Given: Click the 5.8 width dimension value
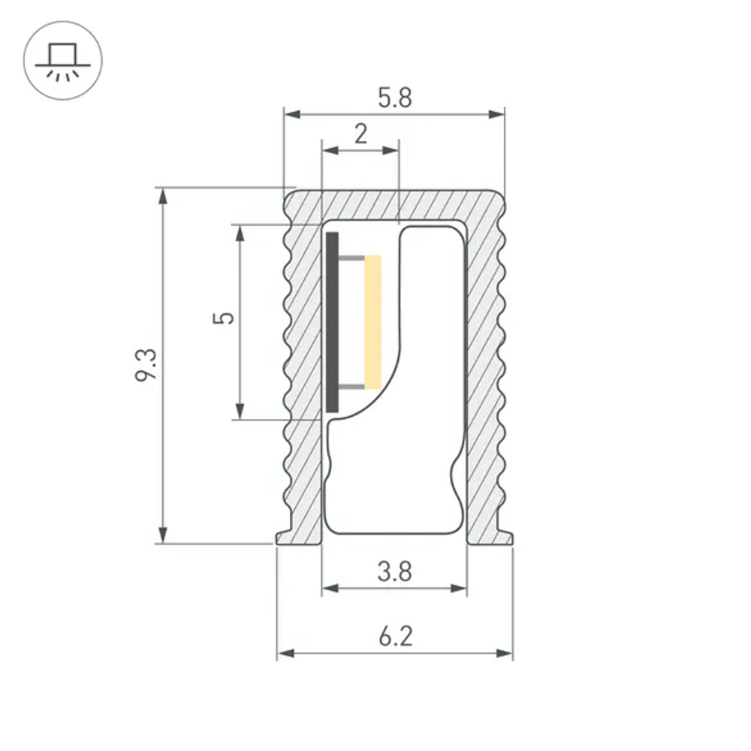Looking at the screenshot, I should tap(394, 98).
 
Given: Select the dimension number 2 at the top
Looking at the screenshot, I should tap(360, 134).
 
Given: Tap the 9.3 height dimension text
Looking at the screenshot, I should tap(147, 364).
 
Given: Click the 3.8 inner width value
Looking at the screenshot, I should tap(394, 572).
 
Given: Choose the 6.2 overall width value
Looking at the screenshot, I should tap(395, 638).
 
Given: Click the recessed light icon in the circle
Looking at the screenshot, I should tap(63, 62).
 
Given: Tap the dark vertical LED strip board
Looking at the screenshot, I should tap(333, 322).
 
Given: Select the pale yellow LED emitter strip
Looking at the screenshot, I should tap(372, 322).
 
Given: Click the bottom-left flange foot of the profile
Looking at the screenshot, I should tap(289, 537).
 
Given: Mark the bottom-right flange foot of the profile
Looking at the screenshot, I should tap(499, 537).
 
